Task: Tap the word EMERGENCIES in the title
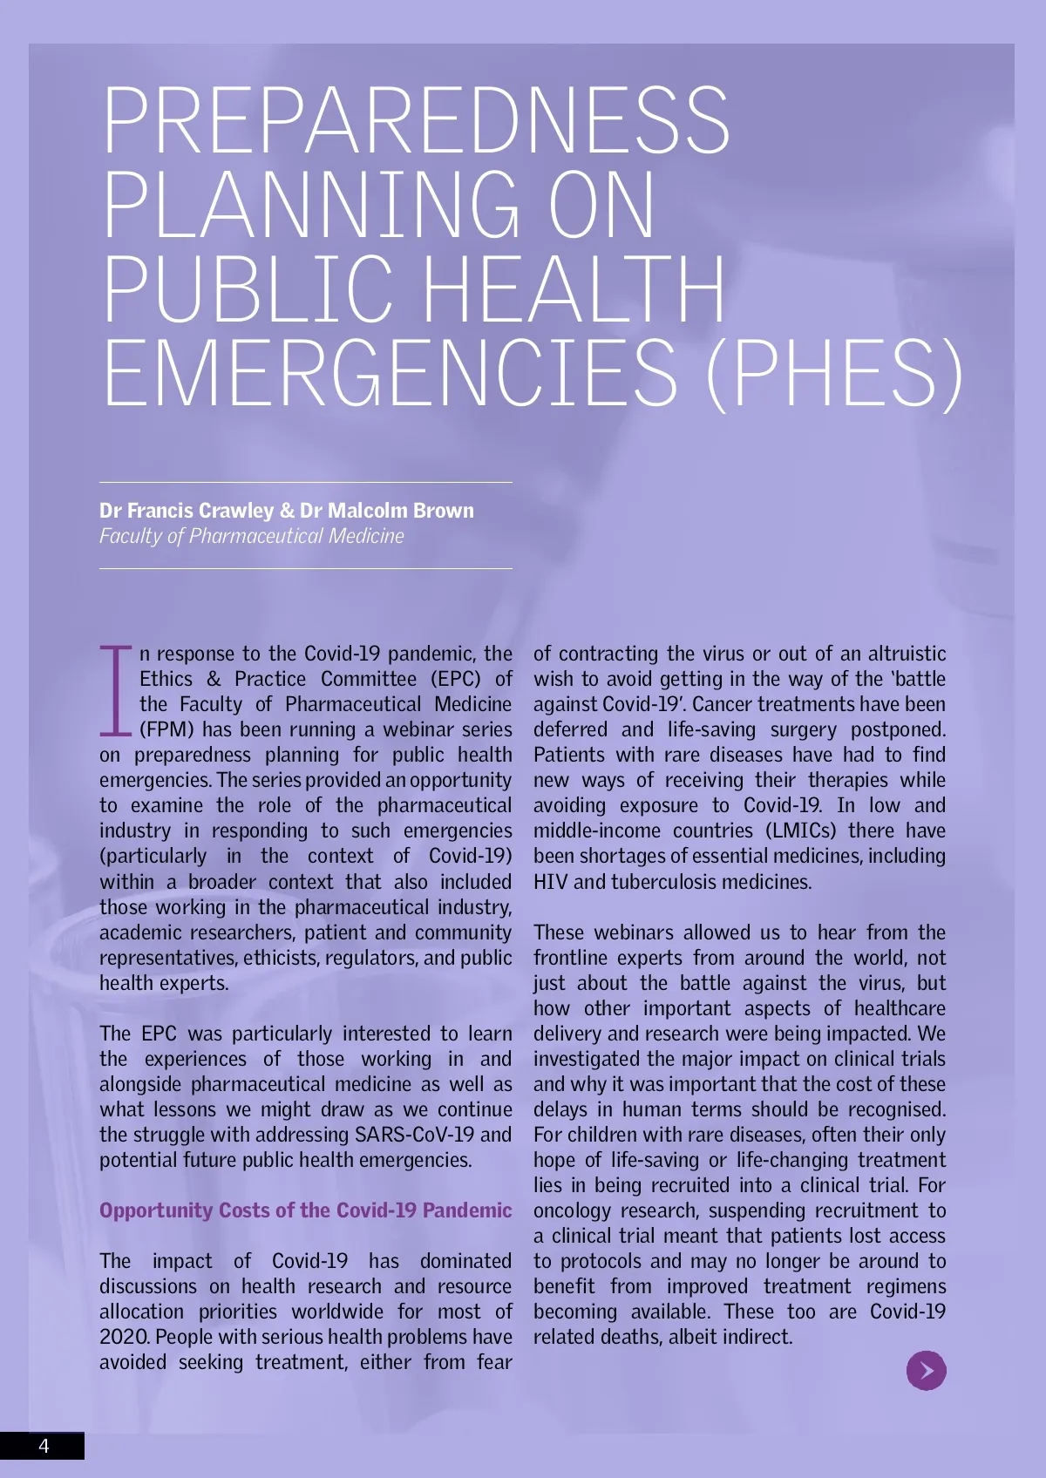pyautogui.click(x=390, y=372)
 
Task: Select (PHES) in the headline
pyautogui.click(x=834, y=372)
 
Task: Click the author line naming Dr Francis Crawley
pyautogui.click(x=286, y=511)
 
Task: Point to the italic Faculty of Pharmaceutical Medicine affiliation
pyautogui.click(x=251, y=536)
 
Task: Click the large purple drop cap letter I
pyautogui.click(x=115, y=689)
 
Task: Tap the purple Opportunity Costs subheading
pyautogui.click(x=305, y=1210)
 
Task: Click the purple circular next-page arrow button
pyautogui.click(x=926, y=1370)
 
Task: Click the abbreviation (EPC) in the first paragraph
pyautogui.click(x=455, y=679)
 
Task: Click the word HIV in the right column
pyautogui.click(x=551, y=882)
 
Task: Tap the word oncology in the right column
pyautogui.click(x=572, y=1210)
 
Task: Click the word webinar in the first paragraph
pyautogui.click(x=418, y=729)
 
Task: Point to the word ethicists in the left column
pyautogui.click(x=282, y=958)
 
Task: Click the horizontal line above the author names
pyautogui.click(x=305, y=482)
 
